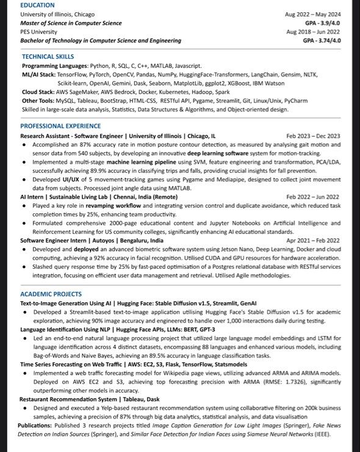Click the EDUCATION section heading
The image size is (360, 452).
tap(37, 5)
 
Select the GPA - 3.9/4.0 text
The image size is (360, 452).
tap(322, 23)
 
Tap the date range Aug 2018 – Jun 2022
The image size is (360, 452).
tap(312, 31)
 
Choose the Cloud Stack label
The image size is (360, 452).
tap(38, 92)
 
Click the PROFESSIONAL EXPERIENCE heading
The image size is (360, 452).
tap(60, 125)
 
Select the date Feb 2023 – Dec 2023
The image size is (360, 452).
tap(313, 136)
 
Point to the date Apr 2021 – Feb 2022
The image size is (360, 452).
tap(313, 241)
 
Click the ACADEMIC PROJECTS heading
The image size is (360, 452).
tap(51, 294)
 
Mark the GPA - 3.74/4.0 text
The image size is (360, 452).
tap(321, 40)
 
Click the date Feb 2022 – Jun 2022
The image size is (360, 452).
tap(313, 197)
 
